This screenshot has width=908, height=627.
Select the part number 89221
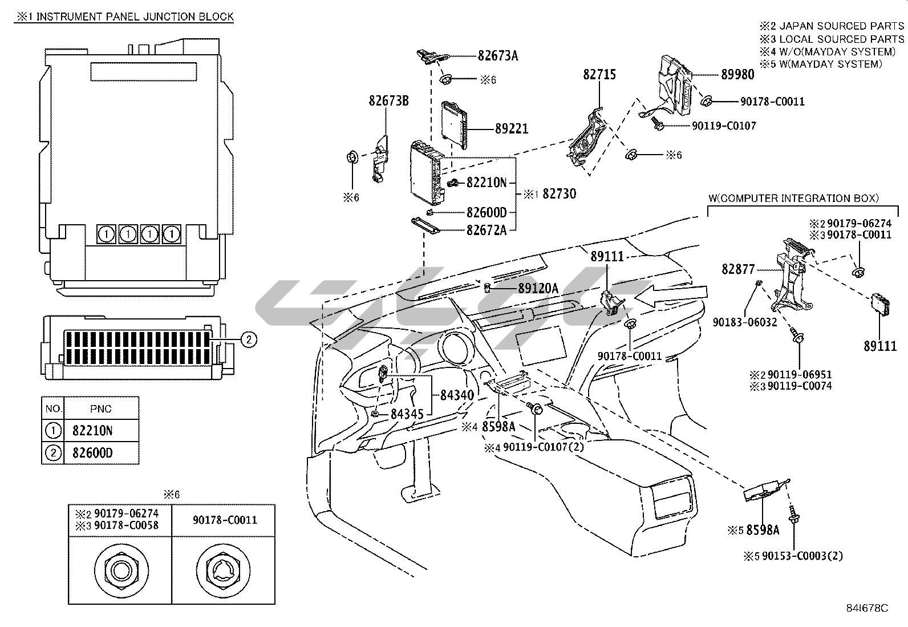pyautogui.click(x=511, y=130)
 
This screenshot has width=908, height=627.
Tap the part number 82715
pyautogui.click(x=599, y=75)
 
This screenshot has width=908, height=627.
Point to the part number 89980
pyautogui.click(x=737, y=75)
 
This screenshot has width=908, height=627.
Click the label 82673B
pyautogui.click(x=388, y=101)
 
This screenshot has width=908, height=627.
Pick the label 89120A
pyautogui.click(x=538, y=289)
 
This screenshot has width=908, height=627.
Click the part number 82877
pyautogui.click(x=738, y=269)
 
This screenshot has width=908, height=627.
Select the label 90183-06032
pyautogui.click(x=744, y=322)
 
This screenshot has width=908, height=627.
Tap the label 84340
pyautogui.click(x=456, y=395)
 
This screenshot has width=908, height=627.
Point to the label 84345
pyautogui.click(x=407, y=414)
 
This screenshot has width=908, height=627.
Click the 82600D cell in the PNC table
pyautogui.click(x=92, y=453)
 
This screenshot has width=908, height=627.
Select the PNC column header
pyautogui.click(x=101, y=408)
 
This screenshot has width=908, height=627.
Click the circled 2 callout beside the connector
pyautogui.click(x=248, y=340)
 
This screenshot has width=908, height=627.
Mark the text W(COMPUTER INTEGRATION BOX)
pyautogui.click(x=793, y=199)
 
